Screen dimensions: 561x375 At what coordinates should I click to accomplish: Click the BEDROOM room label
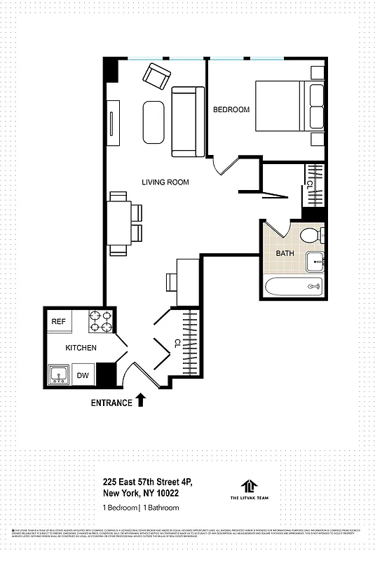[x=231, y=109]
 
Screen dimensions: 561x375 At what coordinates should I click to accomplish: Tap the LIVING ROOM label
[x=165, y=182]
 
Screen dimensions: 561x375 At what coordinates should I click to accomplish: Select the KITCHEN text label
[x=81, y=348]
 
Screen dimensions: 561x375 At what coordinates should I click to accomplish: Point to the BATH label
[x=285, y=253]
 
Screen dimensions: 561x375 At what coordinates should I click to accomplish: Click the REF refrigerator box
[x=58, y=321]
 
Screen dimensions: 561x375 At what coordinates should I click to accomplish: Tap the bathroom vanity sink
[x=316, y=262]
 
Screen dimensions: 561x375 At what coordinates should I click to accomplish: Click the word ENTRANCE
[x=111, y=403]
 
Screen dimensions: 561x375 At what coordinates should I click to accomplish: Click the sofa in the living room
[x=187, y=121]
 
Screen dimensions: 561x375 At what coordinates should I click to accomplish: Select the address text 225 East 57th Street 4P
[x=147, y=482]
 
